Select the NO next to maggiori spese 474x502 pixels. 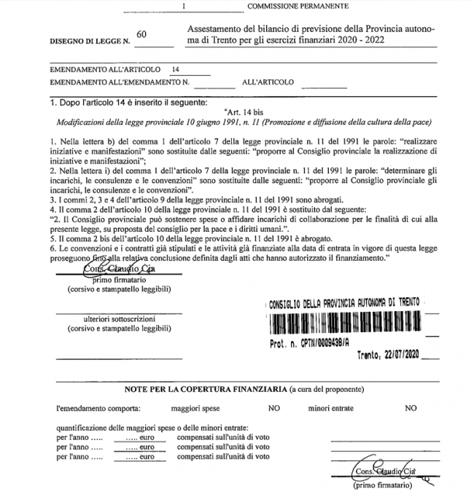(x=274, y=408)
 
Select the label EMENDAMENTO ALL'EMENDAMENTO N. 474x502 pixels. (x=119, y=82)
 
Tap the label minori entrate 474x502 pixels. (x=334, y=408)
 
